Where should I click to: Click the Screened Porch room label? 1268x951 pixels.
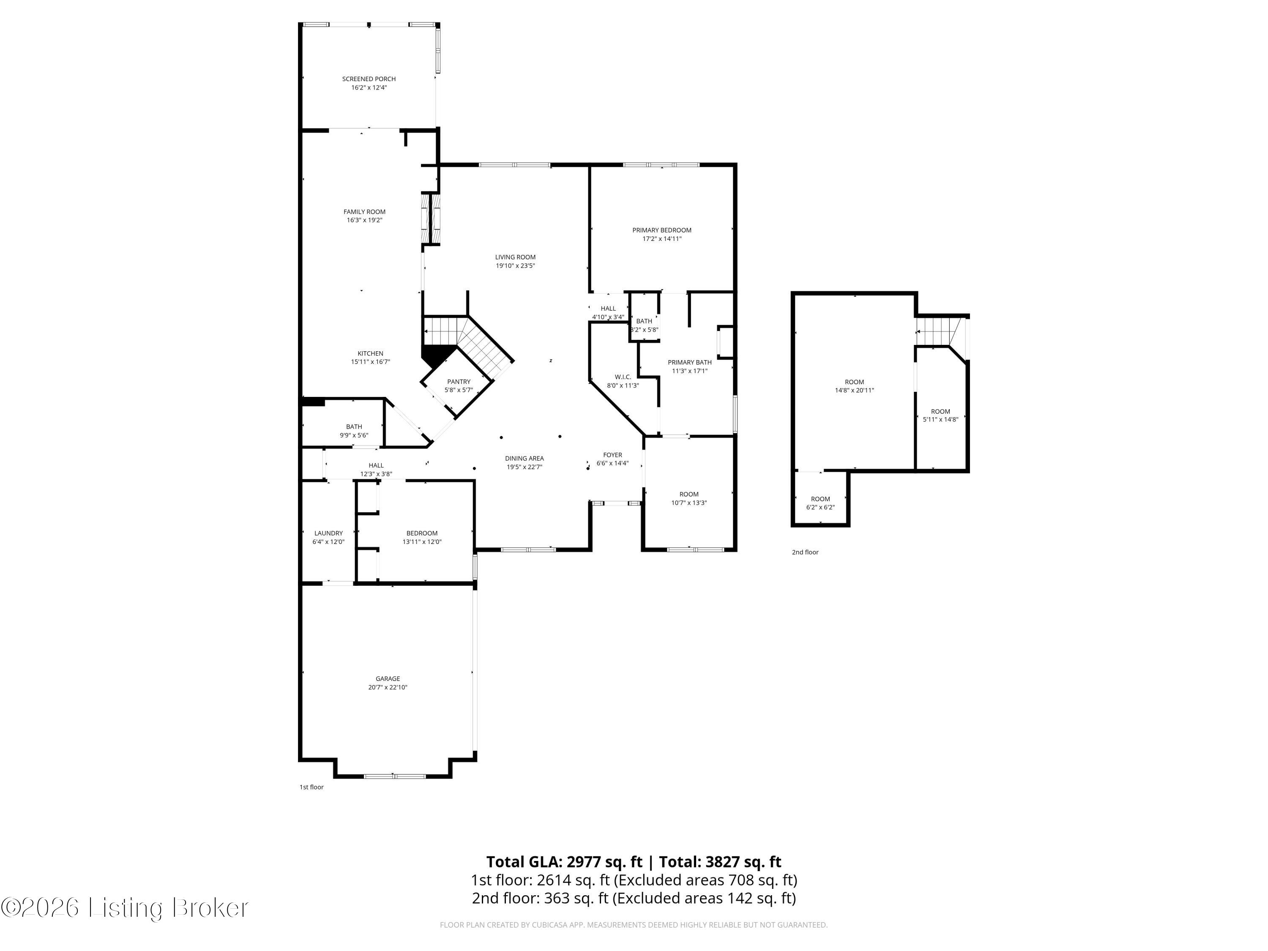[369, 79]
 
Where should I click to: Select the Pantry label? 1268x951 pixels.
[459, 382]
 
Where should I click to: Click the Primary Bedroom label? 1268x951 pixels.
[661, 230]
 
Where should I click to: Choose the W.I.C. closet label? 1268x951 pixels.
[623, 377]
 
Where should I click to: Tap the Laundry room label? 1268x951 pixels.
[328, 533]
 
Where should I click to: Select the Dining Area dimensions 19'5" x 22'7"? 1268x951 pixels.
[524, 467]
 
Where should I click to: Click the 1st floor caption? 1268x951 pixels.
[311, 787]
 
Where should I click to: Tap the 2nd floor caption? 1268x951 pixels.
[805, 552]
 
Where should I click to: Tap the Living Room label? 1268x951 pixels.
[515, 257]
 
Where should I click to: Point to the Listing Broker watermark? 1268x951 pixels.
[125, 908]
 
